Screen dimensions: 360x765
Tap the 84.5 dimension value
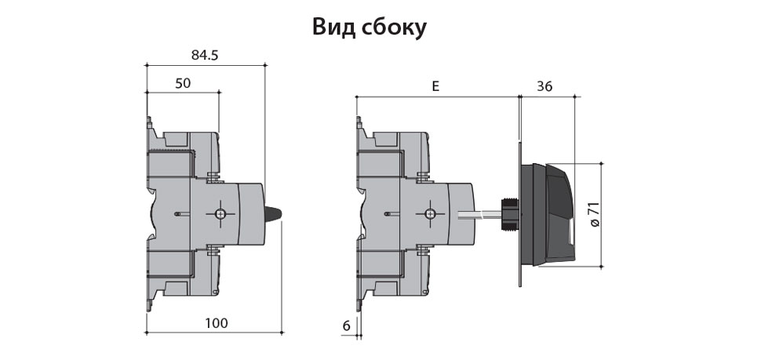click(x=206, y=55)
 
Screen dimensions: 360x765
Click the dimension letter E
click(x=435, y=86)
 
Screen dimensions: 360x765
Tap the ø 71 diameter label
click(x=594, y=213)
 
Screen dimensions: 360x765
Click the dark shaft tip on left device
click(x=275, y=214)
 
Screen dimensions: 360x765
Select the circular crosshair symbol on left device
click(x=220, y=214)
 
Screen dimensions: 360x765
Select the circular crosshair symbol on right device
click(x=429, y=214)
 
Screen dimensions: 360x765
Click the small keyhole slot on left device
click(x=178, y=214)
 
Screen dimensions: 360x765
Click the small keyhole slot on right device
click(x=388, y=214)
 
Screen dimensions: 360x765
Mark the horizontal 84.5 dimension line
click(x=206, y=66)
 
